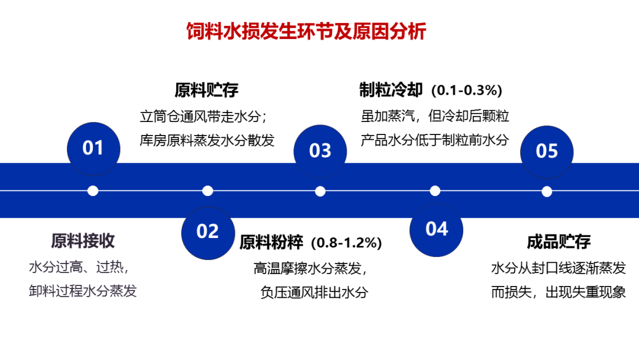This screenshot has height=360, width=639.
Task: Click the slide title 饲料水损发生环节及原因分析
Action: [x=306, y=31]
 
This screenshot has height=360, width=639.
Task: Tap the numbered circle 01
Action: [x=93, y=148]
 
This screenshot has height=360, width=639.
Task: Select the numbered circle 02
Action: [x=208, y=231]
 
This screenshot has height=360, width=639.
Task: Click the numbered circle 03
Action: [x=320, y=150]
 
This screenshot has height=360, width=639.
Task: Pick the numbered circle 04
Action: [x=437, y=229]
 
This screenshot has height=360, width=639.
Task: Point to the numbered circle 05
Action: [x=547, y=150]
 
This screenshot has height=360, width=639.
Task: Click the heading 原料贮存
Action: [x=206, y=90]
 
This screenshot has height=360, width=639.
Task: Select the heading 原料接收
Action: [x=83, y=241]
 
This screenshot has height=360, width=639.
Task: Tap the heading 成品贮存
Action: [x=559, y=242]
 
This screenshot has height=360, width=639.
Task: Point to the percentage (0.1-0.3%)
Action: [x=466, y=91]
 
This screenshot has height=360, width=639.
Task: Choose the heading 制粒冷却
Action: [x=391, y=90]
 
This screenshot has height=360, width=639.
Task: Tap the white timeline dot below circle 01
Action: [x=93, y=191]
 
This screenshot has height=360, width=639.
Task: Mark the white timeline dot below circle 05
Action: [x=547, y=191]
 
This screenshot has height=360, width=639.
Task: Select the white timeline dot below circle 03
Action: [x=320, y=191]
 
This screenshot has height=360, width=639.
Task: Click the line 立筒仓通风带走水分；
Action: [x=206, y=115]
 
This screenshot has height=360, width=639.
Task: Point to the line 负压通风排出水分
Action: [x=314, y=292]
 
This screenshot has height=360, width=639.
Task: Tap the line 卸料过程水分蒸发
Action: [x=83, y=291]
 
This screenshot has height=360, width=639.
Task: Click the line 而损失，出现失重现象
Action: [x=559, y=292]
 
